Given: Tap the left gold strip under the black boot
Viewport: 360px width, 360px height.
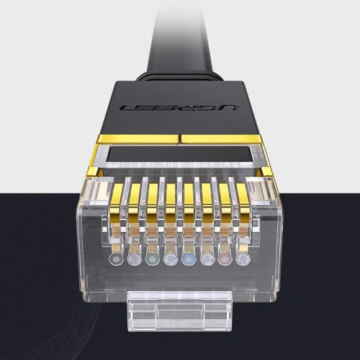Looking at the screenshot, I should (x=137, y=138).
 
